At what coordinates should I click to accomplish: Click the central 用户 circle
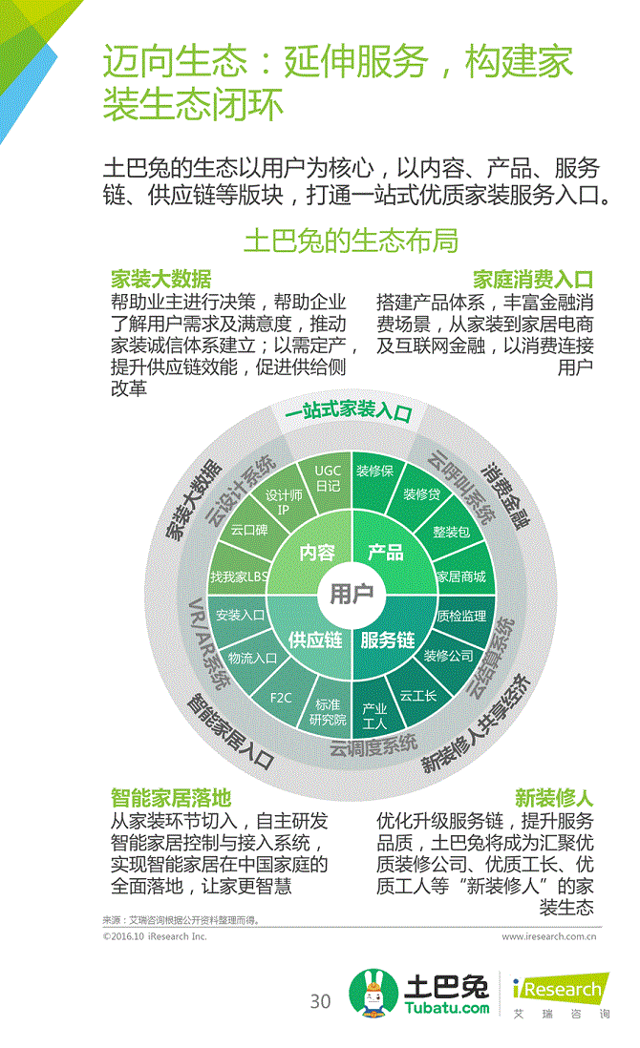point(352,594)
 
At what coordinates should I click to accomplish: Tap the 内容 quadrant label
point(317,553)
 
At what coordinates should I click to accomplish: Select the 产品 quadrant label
point(386,553)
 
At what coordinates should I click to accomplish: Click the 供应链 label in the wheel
point(315,639)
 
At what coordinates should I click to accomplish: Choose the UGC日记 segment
point(328,477)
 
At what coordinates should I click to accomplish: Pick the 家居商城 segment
point(460,576)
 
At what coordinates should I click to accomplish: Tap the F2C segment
point(281,698)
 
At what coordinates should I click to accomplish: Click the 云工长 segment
point(417,696)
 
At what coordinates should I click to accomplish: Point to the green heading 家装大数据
point(161,280)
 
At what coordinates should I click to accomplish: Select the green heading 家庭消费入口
point(532,280)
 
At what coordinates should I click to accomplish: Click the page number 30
point(320,1001)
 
